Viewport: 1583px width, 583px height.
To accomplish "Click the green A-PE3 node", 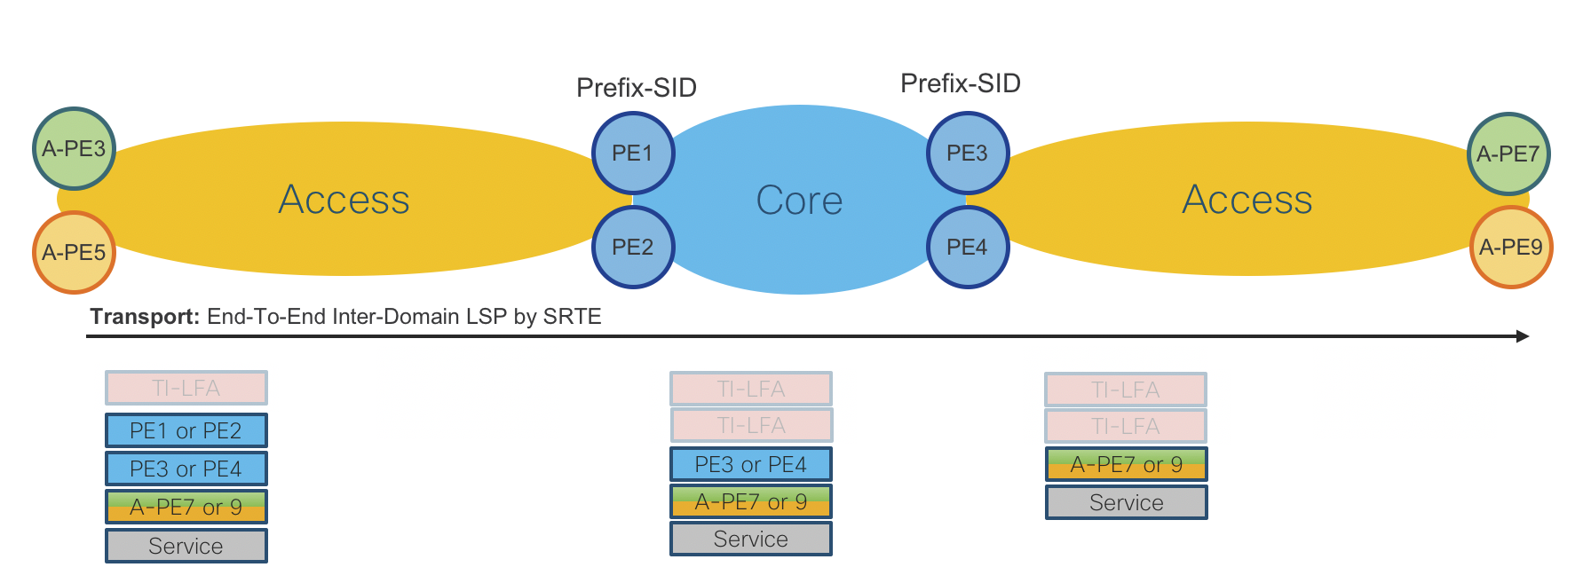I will tap(75, 148).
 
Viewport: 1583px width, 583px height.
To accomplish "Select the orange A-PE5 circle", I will tap(75, 252).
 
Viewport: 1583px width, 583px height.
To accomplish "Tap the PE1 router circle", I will tap(633, 153).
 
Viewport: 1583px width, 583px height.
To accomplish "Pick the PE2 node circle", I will tap(633, 247).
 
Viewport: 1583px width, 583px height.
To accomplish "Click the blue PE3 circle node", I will tap(968, 153).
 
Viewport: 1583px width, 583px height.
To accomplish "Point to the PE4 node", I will tap(968, 247).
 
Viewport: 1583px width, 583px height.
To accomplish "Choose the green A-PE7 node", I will tap(1508, 154).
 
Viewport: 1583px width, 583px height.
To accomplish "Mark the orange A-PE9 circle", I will tap(1511, 247).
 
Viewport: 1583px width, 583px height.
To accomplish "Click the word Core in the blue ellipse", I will tap(799, 201).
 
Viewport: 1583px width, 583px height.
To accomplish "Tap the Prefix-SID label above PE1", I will tap(637, 88).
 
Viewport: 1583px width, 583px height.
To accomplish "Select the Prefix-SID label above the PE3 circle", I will tap(961, 83).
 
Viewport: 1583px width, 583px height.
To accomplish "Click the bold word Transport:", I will tap(145, 317).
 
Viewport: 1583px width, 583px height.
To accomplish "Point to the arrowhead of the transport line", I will tap(1523, 336).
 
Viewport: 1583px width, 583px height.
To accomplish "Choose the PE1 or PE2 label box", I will tap(186, 430).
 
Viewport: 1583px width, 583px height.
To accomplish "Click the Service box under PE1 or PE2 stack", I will tap(186, 546).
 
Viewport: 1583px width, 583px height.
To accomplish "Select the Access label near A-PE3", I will tap(344, 200).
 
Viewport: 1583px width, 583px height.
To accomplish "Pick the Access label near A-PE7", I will tap(1247, 200).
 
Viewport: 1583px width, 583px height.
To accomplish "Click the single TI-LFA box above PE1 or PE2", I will tap(186, 388).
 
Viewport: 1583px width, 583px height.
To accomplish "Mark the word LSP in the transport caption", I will tap(487, 317).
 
